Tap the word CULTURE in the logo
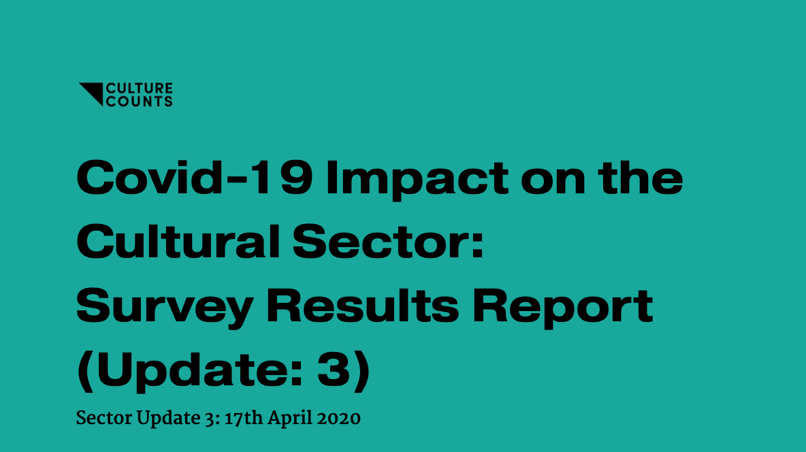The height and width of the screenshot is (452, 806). (x=139, y=88)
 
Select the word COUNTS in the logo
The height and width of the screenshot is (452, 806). (x=139, y=101)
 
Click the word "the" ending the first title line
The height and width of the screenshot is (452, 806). (x=641, y=178)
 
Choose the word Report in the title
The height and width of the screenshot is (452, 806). (x=563, y=308)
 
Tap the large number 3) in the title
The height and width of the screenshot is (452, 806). (x=343, y=372)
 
